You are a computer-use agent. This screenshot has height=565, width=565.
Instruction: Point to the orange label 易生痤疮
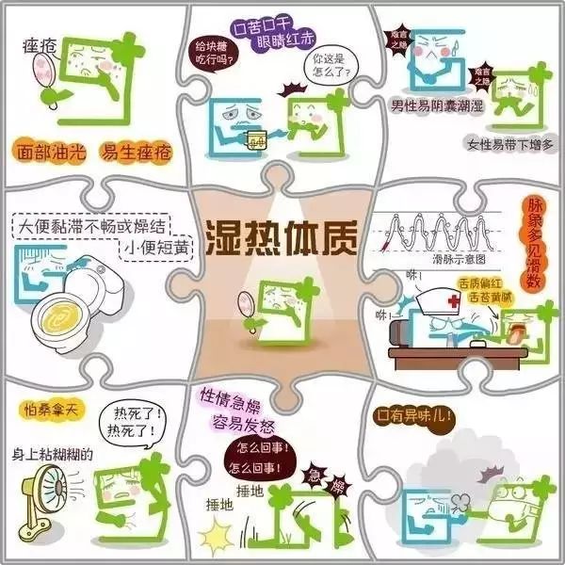pyautogui.click(x=132, y=150)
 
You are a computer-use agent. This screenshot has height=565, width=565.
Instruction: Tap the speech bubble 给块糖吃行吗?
pyautogui.click(x=218, y=53)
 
